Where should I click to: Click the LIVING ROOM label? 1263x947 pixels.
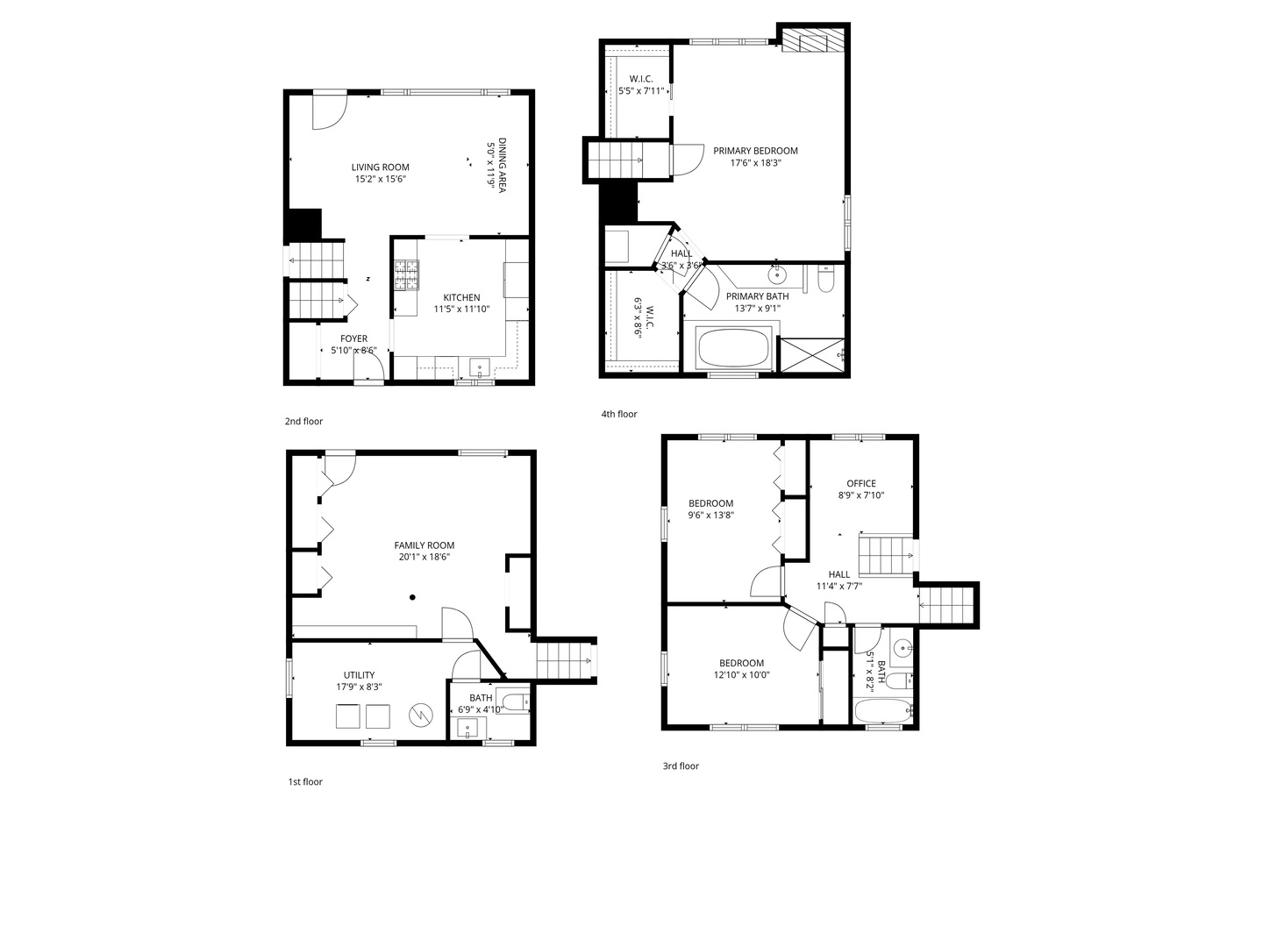(380, 167)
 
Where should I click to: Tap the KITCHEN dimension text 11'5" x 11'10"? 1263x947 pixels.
(461, 309)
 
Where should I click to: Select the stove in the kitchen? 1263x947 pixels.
(406, 275)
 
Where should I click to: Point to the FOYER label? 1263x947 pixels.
(353, 338)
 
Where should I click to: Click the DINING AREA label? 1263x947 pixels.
(502, 166)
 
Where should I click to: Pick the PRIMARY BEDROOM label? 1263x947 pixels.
(755, 151)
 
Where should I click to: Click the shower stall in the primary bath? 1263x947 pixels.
(811, 355)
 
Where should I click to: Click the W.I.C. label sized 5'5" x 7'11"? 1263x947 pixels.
(640, 79)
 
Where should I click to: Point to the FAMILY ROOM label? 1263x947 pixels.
(424, 545)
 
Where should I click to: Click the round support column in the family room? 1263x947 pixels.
(411, 598)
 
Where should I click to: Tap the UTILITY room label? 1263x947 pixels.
(359, 675)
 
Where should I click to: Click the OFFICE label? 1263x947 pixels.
(860, 483)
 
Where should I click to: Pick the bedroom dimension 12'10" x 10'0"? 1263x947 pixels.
(742, 675)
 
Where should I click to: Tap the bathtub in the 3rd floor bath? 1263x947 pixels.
(881, 710)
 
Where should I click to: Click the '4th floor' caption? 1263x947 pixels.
(618, 414)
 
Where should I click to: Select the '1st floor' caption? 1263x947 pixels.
(304, 781)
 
